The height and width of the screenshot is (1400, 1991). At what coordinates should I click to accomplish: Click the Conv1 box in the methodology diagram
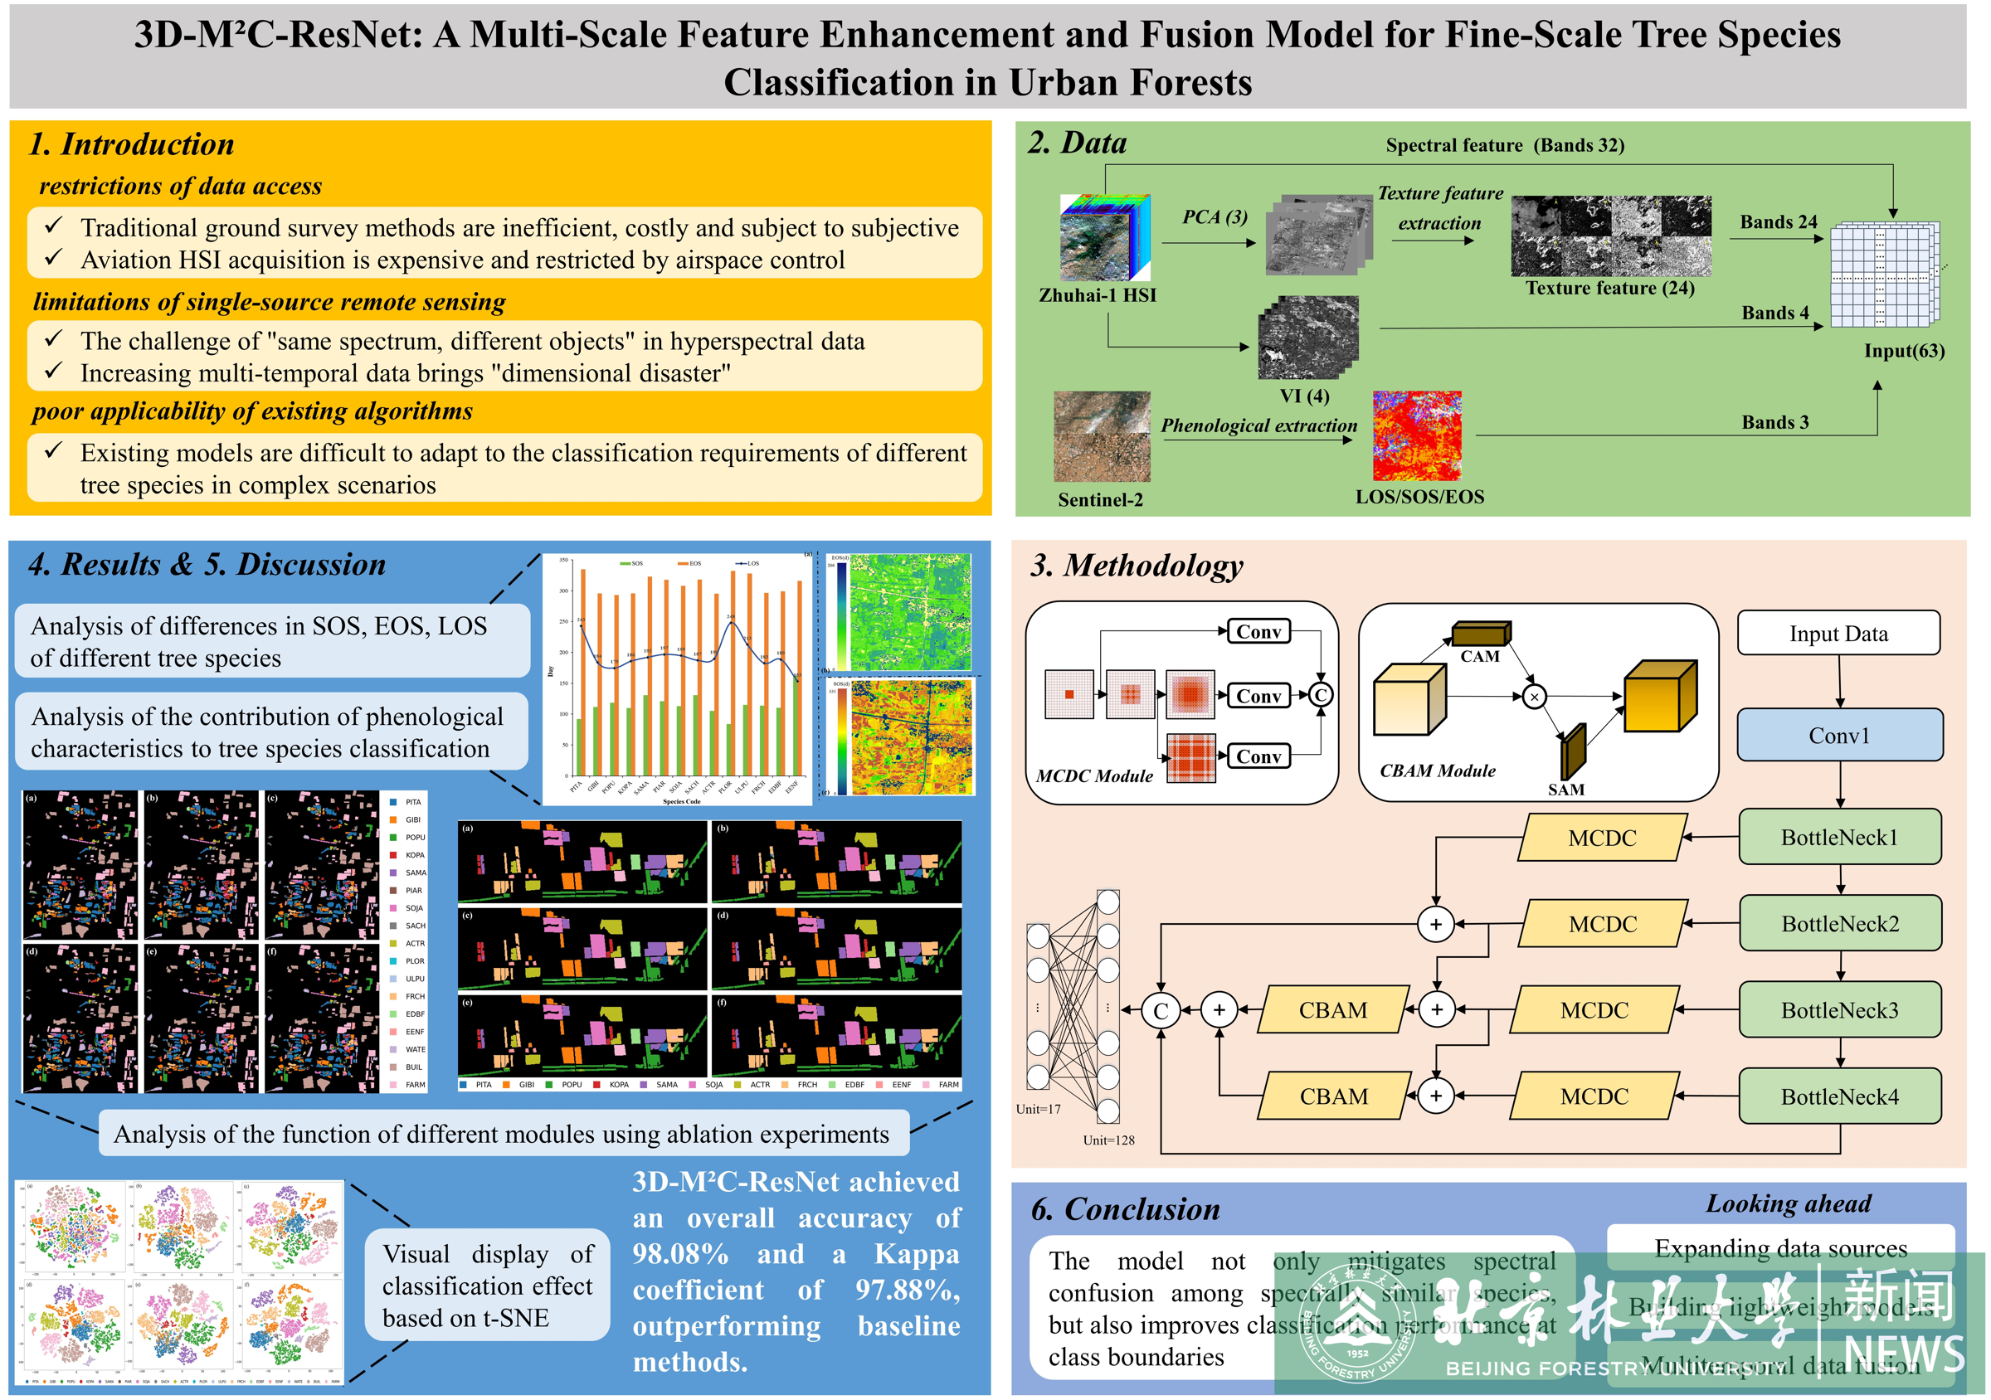(x=1838, y=735)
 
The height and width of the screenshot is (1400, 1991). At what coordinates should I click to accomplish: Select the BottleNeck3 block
(x=1839, y=1010)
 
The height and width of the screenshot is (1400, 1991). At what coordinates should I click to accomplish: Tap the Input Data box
(x=1838, y=634)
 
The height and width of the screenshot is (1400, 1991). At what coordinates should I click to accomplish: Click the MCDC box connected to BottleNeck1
(x=1602, y=838)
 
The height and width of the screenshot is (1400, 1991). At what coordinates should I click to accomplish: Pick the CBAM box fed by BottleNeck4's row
(x=1333, y=1096)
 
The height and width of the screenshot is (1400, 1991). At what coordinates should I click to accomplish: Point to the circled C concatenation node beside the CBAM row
(x=1161, y=1010)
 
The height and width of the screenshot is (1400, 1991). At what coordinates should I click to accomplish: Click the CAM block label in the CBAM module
(x=1479, y=656)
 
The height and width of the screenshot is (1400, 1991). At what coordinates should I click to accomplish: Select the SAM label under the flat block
(x=1565, y=790)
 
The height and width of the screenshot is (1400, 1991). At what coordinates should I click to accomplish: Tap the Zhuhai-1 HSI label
(x=1097, y=295)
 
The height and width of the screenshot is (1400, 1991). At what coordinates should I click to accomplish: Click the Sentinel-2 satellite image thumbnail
(x=1102, y=436)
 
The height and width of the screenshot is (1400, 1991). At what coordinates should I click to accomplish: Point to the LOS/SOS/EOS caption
(x=1419, y=497)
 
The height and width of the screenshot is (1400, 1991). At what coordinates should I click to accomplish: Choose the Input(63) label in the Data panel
(x=1903, y=351)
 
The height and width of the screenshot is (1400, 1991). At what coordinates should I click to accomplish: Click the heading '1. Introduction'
(x=132, y=144)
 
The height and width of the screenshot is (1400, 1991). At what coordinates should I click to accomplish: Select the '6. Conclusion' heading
(x=1125, y=1208)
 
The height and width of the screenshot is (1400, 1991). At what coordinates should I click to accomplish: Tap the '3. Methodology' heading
(x=1136, y=565)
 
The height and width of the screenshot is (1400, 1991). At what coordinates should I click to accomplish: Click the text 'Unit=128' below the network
(x=1108, y=1140)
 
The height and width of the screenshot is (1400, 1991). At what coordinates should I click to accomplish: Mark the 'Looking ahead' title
(x=1788, y=1203)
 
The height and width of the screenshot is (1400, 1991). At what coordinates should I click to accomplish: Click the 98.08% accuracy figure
(x=680, y=1253)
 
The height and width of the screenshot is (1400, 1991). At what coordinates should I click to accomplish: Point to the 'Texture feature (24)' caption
(x=1609, y=288)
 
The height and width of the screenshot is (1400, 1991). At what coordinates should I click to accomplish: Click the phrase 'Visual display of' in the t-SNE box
(x=487, y=1253)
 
